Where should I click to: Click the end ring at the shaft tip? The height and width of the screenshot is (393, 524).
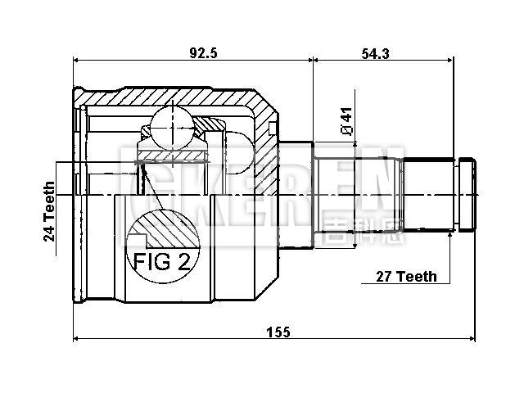(466, 196)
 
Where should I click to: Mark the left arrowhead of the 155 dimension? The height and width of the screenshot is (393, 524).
(77, 338)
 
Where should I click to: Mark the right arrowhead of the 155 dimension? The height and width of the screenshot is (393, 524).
(472, 338)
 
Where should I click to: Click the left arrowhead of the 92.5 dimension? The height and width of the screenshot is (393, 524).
(77, 59)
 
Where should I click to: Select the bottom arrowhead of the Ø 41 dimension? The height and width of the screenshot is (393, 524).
(355, 243)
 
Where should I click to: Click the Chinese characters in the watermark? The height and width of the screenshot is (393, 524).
(364, 233)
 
